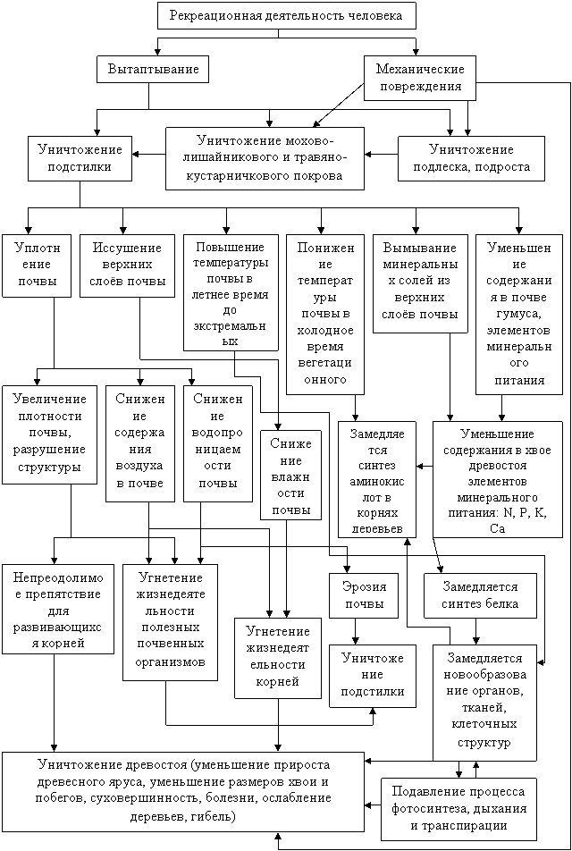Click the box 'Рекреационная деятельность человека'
tap(287, 15)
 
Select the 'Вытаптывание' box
tap(154, 70)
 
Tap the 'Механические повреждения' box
tap(420, 78)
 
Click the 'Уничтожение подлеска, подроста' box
tap(472, 158)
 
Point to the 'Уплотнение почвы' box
tap(37, 265)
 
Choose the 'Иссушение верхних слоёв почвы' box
tap(128, 265)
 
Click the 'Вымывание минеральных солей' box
tap(421, 282)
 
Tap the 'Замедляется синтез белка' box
tap(480, 596)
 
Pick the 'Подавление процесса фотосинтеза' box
tap(459, 809)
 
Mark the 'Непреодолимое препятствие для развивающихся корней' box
tap(58, 610)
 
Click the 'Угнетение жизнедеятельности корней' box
tap(278, 657)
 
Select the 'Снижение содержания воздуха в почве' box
tap(140, 444)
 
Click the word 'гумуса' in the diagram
tap(519, 315)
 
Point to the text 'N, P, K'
tap(523, 512)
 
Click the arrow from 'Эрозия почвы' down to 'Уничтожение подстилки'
tap(356, 631)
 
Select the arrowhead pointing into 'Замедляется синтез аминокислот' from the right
tap(419, 466)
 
